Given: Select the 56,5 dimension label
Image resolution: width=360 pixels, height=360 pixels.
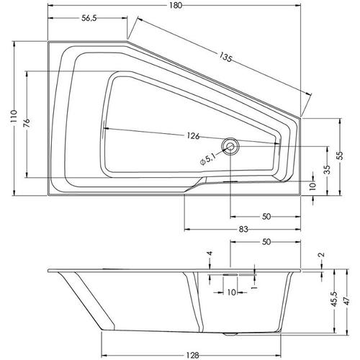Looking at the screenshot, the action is point(89,18).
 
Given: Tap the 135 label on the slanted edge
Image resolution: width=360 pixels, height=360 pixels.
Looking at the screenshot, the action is point(225,57).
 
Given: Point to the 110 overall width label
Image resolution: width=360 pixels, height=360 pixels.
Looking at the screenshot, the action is point(14,117).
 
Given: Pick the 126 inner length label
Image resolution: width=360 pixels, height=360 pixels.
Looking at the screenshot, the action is point(194,136).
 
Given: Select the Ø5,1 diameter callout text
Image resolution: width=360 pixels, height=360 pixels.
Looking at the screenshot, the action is point(208,159).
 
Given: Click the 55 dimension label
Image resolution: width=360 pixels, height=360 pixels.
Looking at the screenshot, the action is point(340,156).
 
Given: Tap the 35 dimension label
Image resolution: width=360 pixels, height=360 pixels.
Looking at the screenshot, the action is point(328,169).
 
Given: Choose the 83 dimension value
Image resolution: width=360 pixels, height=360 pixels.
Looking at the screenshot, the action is point(243,229).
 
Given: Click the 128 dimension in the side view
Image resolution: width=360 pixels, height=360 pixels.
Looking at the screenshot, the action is point(192,355).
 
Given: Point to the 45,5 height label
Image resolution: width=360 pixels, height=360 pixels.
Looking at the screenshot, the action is point(334,299).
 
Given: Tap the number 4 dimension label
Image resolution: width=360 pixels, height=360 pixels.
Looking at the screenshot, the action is point(210,253).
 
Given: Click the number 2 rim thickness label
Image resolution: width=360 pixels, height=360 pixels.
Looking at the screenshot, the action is point(322,255).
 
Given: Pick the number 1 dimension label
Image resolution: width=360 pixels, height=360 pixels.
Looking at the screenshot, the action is point(255,287).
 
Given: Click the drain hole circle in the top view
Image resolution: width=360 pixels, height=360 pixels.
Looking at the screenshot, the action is point(230,146).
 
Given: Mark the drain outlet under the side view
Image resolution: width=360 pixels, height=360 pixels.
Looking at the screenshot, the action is point(230,333).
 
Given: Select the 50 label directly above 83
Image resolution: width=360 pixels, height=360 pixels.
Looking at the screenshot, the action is point(266,217).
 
